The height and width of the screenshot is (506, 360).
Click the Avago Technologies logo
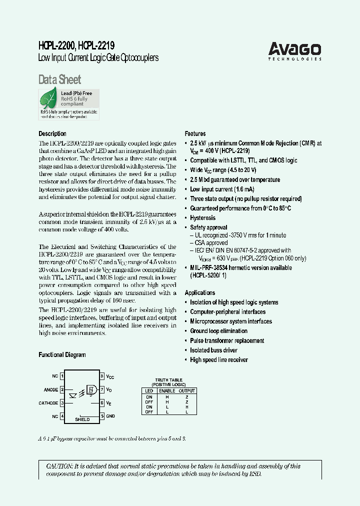tap(294, 50)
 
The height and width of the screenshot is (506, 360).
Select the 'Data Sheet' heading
tap(59, 79)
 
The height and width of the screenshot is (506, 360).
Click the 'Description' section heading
tap(52, 133)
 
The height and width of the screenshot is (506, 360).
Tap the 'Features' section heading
tap(195, 133)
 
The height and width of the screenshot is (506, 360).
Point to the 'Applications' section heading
tap(200, 292)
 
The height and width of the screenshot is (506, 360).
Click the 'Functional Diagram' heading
tap(62, 354)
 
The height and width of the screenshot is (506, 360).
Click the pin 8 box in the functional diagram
tap(102, 375)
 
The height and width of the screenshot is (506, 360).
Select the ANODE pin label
tap(50, 389)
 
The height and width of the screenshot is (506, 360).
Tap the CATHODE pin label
tap(48, 402)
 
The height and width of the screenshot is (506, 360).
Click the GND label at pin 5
tap(110, 416)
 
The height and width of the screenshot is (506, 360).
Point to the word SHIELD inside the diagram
tap(82, 419)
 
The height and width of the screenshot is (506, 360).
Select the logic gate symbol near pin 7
tap(91, 389)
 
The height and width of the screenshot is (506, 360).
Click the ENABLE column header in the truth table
tap(167, 390)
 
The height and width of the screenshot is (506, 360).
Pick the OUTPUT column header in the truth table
tap(187, 390)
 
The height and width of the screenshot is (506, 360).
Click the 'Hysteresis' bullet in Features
tap(202, 217)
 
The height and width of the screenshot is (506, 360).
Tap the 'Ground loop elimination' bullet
tap(218, 330)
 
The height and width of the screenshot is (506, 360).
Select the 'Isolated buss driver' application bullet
tap(213, 350)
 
